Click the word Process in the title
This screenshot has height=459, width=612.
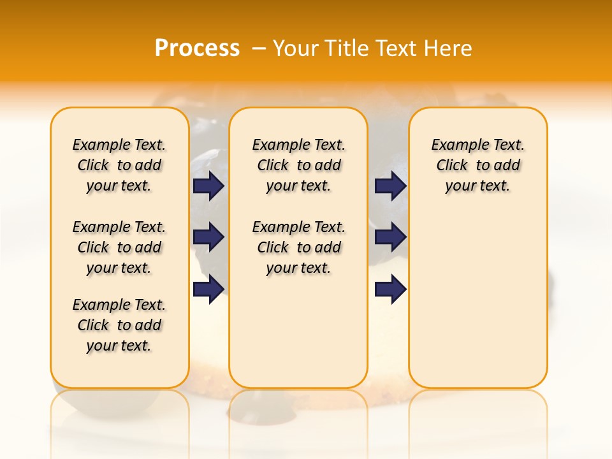click(197, 48)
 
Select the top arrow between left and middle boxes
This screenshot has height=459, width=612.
click(208, 186)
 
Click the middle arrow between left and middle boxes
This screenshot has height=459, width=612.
click(208, 237)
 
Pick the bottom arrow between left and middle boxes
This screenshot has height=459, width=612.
click(208, 289)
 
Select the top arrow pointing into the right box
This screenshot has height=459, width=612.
click(390, 186)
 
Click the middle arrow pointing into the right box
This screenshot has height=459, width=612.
click(390, 237)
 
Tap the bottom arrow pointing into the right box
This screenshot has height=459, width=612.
click(390, 289)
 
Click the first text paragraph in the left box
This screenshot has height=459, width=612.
click(119, 165)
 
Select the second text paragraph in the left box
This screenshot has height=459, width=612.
click(119, 247)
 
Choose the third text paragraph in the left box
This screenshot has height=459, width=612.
click(119, 325)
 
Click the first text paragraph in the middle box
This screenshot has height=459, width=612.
click(298, 165)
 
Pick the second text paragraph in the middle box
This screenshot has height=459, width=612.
click(298, 247)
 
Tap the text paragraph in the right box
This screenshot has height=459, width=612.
click(477, 165)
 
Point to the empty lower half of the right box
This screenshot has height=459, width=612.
click(477, 306)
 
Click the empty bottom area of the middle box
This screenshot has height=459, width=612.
click(298, 338)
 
